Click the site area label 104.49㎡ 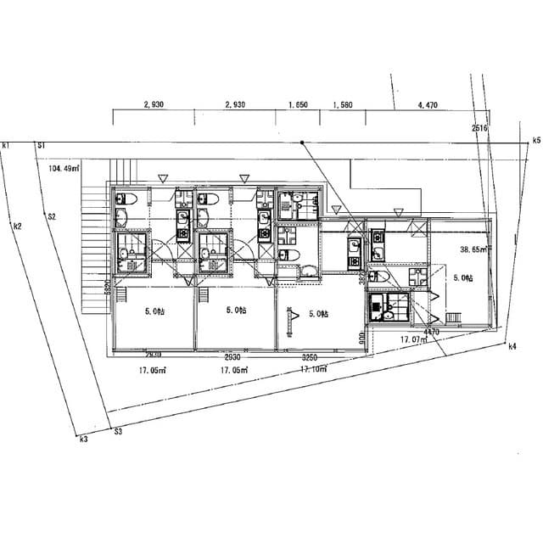(x=64, y=168)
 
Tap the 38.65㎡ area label (x=472, y=250)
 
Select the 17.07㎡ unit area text (x=415, y=339)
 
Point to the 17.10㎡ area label (x=314, y=370)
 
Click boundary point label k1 (x=6, y=146)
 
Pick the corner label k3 (x=83, y=439)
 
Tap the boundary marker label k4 (x=512, y=346)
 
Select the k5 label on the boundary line (x=536, y=139)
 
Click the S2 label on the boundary (x=52, y=217)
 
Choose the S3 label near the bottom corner (x=118, y=432)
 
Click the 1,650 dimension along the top (x=297, y=104)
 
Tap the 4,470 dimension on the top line (x=428, y=104)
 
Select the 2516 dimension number (x=480, y=128)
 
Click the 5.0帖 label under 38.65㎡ (x=463, y=277)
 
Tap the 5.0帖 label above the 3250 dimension (x=319, y=314)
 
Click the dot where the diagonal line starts (x=302, y=143)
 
